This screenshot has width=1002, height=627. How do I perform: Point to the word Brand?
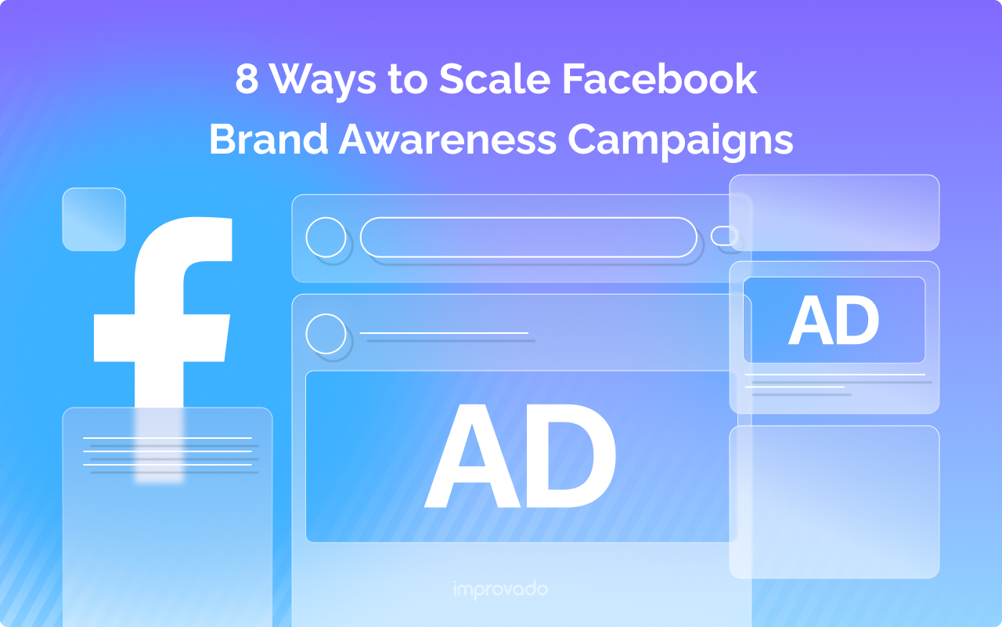coord(266,140)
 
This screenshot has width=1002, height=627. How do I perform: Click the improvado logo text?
coord(500,589)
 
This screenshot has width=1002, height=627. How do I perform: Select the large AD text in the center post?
coord(520,457)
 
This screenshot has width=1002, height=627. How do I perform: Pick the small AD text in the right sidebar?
coord(834,321)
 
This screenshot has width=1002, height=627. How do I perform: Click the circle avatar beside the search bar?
coord(326,237)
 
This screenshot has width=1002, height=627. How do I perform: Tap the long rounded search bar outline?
coord(528,237)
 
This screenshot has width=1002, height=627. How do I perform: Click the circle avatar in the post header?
coord(326,334)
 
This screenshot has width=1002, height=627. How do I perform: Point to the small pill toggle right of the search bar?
coord(724,235)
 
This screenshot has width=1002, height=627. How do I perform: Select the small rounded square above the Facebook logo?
coord(94,219)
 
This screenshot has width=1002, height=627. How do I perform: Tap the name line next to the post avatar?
coord(445,335)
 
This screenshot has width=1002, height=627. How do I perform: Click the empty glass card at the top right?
coord(834,212)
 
